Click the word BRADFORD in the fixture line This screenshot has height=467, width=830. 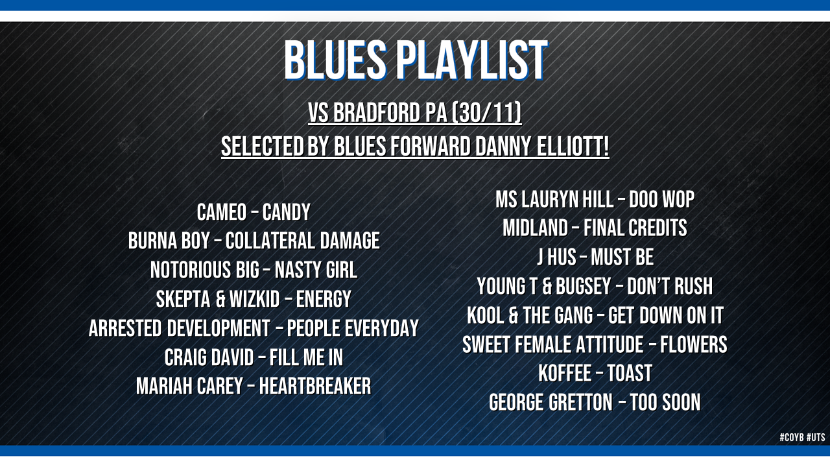377,113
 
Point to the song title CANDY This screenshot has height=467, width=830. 287,212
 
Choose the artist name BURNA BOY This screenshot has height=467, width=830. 169,241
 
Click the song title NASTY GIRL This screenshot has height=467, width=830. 316,270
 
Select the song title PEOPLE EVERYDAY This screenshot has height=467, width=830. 353,328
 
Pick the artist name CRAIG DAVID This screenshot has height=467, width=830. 209,357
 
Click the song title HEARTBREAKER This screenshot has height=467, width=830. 315,386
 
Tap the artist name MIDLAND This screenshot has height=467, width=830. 535,228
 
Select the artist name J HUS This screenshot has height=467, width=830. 557,257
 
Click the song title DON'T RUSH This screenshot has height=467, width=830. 670,286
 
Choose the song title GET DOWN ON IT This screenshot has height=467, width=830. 666,315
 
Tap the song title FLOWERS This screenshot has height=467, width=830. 694,344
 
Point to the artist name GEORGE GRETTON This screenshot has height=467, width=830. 551,403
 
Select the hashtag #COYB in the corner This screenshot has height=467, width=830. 792,437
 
